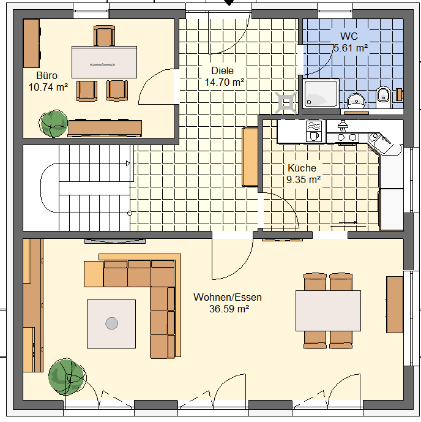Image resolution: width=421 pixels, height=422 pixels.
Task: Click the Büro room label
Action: (47, 75)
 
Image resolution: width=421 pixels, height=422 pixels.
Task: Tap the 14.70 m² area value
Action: (225, 82)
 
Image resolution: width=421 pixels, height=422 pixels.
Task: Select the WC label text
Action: (349, 36)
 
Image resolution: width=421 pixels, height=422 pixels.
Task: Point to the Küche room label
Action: (302, 168)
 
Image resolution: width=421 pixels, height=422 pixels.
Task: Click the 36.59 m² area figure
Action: (229, 309)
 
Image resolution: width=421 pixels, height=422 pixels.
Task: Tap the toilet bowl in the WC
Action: (383, 97)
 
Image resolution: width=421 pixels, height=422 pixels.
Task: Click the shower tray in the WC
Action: (321, 93)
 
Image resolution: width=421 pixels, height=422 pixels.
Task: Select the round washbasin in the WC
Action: (356, 100)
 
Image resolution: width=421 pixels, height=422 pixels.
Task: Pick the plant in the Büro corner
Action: (53, 124)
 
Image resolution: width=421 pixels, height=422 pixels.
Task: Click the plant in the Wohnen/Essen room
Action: (67, 377)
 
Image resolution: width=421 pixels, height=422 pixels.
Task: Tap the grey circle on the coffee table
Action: (111, 323)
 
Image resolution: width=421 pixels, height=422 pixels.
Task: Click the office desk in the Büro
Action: (104, 62)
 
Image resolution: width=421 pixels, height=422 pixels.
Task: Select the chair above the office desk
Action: (104, 36)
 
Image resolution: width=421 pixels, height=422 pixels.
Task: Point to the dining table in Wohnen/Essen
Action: (328, 311)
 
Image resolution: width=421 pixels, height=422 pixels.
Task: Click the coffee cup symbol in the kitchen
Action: (314, 136)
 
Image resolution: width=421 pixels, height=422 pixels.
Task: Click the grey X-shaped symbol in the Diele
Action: (286, 102)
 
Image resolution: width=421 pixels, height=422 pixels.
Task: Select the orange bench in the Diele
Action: (250, 157)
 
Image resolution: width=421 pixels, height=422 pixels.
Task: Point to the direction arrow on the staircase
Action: (128, 163)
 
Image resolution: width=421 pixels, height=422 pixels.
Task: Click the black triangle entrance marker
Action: (229, 2)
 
